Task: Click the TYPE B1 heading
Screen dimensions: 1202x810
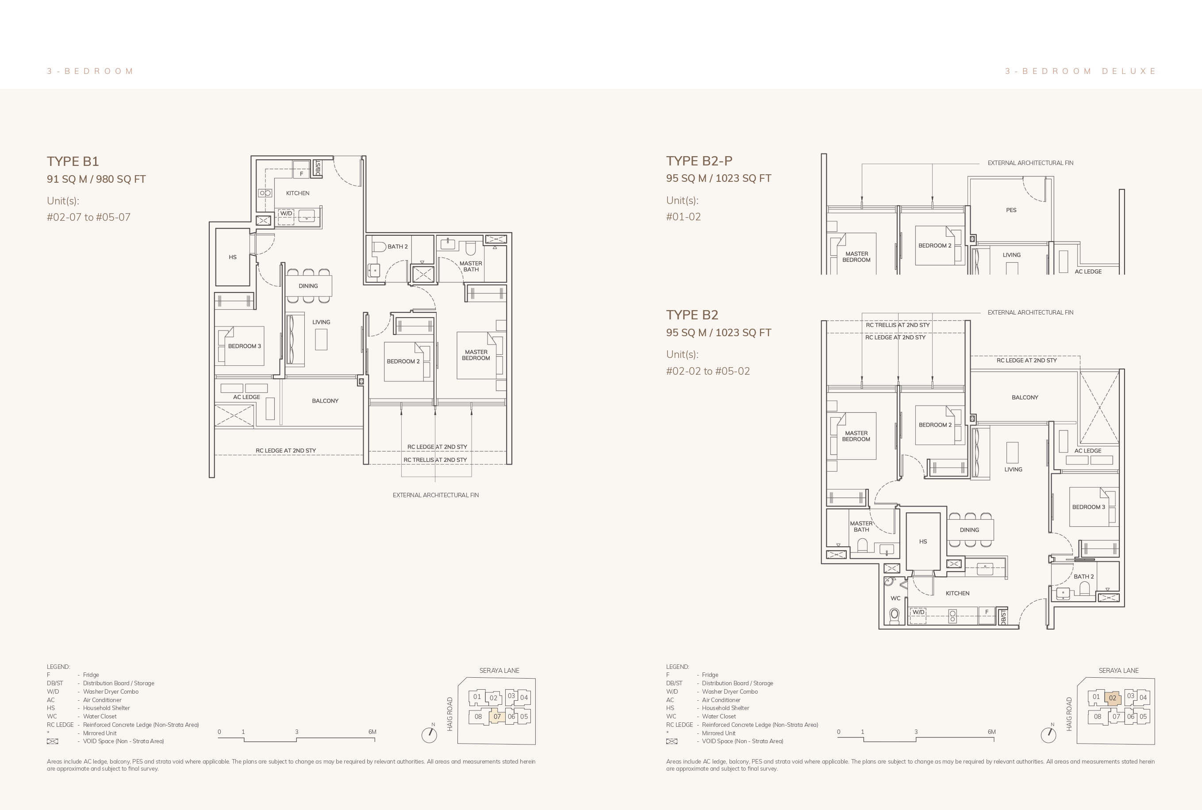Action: [x=73, y=161]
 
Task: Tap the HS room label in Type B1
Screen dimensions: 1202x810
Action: [x=232, y=257]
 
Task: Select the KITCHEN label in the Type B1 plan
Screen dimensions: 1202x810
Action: [x=298, y=193]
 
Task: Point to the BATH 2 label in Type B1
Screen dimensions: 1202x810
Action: [x=397, y=246]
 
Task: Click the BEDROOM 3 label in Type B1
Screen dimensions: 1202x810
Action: [x=244, y=346]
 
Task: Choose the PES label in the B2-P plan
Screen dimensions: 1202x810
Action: [x=1011, y=210]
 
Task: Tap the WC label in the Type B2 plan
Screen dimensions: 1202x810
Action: [x=895, y=598]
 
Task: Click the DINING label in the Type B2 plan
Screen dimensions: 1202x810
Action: [x=969, y=530]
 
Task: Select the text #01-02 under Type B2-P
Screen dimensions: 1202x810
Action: [x=684, y=217]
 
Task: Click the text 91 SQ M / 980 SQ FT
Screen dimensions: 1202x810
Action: [x=96, y=179]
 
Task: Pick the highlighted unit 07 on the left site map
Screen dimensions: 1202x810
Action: [x=497, y=717]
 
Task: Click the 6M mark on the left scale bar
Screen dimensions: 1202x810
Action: [x=372, y=732]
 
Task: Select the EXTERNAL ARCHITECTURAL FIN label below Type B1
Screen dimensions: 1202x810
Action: [x=435, y=495]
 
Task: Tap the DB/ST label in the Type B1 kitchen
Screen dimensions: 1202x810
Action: [x=318, y=167]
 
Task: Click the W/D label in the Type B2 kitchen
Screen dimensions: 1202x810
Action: [x=918, y=612]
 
